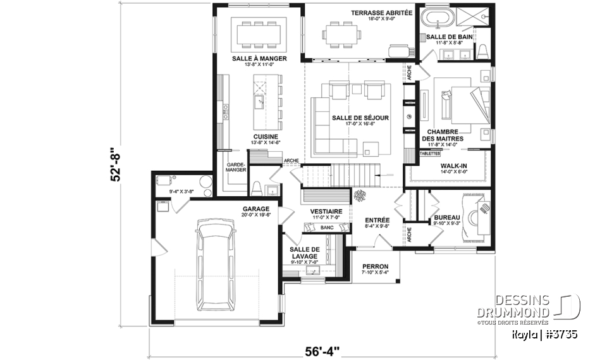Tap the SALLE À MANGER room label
[259, 58]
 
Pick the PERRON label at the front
[376, 266]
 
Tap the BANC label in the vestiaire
[327, 228]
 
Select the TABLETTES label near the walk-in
[430, 153]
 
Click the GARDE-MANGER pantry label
[236, 166]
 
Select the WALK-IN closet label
[453, 166]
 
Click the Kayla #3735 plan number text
[545, 332]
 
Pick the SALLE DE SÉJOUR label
[360, 118]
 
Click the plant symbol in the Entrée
[359, 196]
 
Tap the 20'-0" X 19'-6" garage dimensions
[255, 214]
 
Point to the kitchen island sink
[259, 101]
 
